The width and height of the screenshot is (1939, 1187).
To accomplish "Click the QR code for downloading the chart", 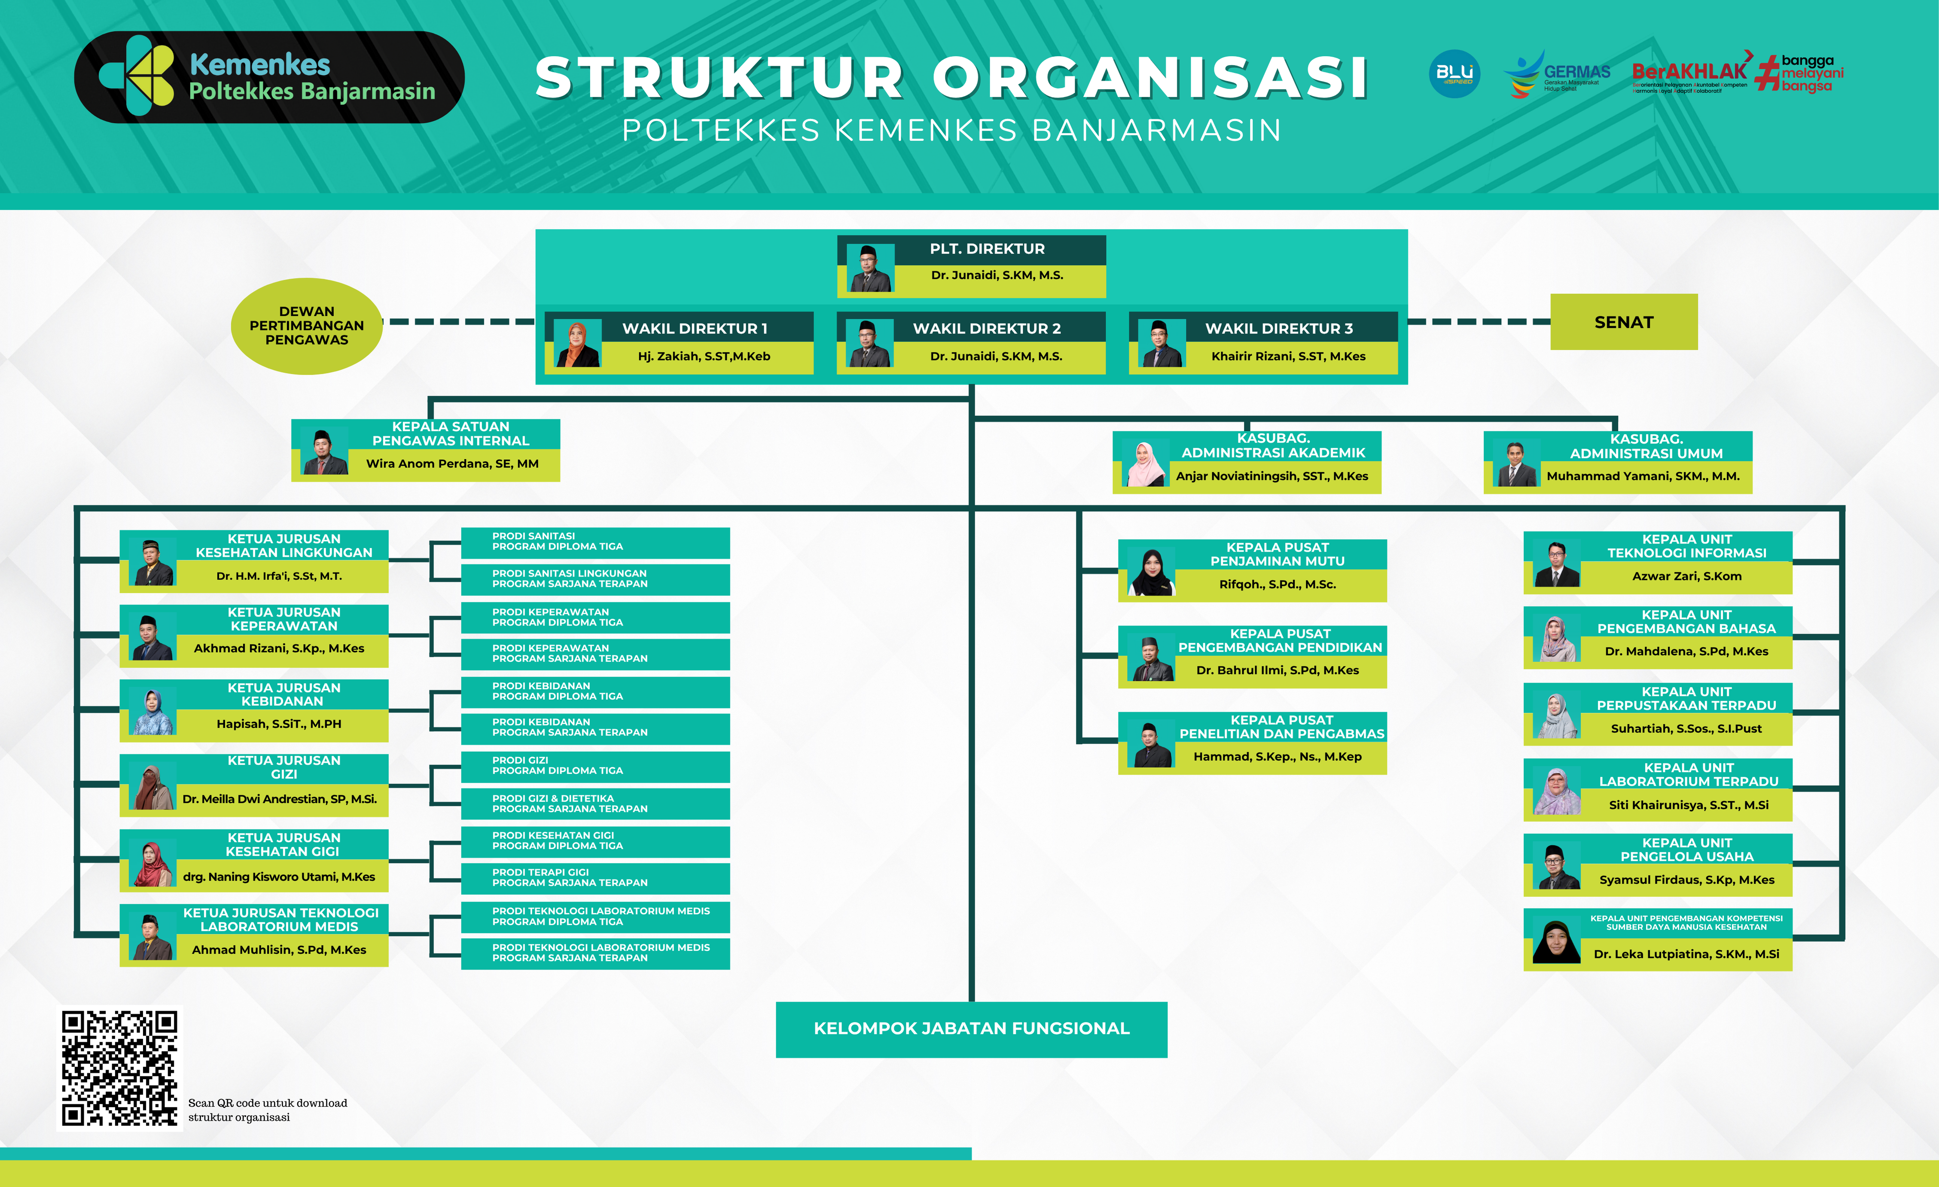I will click(x=119, y=1068).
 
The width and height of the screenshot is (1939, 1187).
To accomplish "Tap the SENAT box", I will click(x=1623, y=322).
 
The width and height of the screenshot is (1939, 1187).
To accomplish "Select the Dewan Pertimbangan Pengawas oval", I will click(x=306, y=326).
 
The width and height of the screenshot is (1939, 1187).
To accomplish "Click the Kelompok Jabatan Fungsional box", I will click(x=971, y=1029).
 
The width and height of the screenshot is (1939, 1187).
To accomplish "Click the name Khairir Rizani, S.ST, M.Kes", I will click(x=1288, y=357).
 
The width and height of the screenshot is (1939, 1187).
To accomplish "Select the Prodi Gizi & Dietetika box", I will click(x=595, y=804).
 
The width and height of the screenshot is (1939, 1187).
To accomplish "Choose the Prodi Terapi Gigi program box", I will click(x=595, y=878).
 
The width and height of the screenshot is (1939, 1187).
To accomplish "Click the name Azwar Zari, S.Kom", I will click(x=1686, y=576).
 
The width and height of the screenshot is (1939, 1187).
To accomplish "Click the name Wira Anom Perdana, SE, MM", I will click(x=452, y=464).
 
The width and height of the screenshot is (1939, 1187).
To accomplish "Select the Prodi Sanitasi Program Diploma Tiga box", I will click(x=595, y=542).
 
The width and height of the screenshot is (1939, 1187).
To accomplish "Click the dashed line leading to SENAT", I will click(x=1478, y=322).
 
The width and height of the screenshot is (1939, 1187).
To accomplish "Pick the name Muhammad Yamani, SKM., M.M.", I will click(x=1642, y=476).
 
